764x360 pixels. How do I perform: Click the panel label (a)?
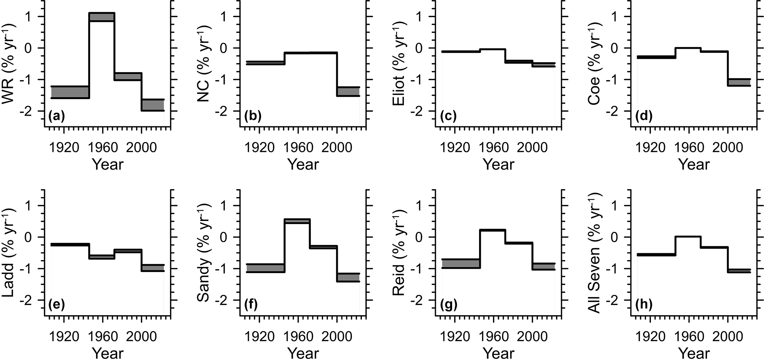(x=57, y=116)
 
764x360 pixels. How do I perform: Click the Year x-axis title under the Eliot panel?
(x=499, y=164)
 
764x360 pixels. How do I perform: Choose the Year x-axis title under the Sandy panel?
(x=303, y=353)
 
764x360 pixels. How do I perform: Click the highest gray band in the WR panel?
(x=102, y=17)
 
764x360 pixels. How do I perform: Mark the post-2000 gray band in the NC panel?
(x=348, y=92)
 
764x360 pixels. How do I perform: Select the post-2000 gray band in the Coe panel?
(x=739, y=82)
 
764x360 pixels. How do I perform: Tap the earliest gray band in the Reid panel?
(x=461, y=264)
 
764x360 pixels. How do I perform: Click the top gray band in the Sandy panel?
(x=297, y=221)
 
